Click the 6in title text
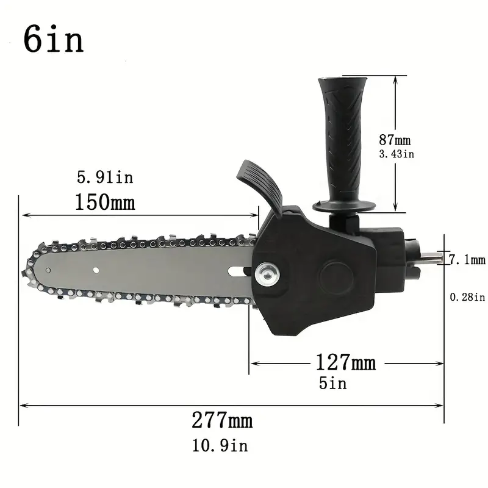[x=53, y=39]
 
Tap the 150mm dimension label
[x=105, y=203]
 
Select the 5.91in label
[x=105, y=178]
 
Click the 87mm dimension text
[x=395, y=140]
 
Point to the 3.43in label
[x=396, y=154]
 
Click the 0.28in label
[x=467, y=297]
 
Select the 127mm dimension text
[x=346, y=362]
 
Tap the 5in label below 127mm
[x=332, y=383]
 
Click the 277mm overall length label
[x=222, y=420]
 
